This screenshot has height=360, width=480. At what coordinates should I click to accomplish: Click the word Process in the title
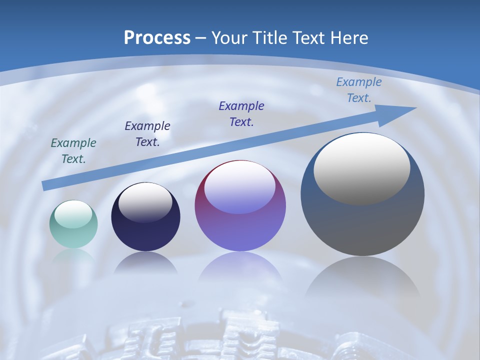point(157,38)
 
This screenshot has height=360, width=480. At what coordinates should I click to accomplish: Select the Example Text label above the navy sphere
point(147,134)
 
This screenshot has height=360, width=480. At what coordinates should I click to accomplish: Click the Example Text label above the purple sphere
point(241,114)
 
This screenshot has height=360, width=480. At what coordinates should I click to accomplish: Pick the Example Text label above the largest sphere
point(358,90)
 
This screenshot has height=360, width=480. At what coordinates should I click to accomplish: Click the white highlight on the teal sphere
point(73,214)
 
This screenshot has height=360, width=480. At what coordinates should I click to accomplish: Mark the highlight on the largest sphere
point(361,168)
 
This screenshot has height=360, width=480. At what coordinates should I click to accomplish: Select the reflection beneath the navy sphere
point(145,263)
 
